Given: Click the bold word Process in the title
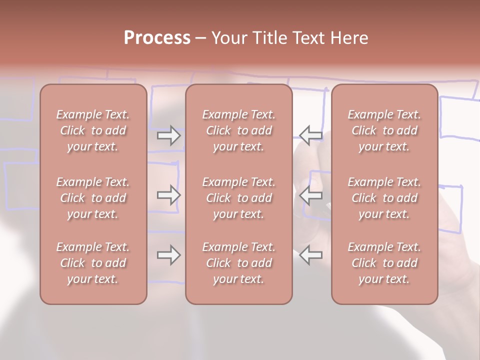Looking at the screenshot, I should point(157,38).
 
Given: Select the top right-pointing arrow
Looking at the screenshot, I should point(168,135).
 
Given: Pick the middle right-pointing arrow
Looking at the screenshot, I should point(168,195).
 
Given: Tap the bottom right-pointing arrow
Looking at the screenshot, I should point(168,255).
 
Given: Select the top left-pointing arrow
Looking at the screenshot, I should point(310,135).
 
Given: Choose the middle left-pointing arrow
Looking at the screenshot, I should point(310,195).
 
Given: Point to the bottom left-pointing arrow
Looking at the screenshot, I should point(310,255).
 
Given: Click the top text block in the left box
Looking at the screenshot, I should point(93,130).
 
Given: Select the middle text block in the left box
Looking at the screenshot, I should point(93,198).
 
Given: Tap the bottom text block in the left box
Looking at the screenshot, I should point(93,263).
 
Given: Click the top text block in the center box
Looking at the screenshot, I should point(239,130).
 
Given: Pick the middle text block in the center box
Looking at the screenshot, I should point(239,198).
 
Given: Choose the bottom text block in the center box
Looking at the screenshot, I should point(239,263).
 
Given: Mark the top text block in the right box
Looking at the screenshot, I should point(384,130).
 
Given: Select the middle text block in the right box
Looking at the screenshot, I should point(384,198).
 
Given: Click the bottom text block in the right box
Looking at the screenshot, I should point(384,263).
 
